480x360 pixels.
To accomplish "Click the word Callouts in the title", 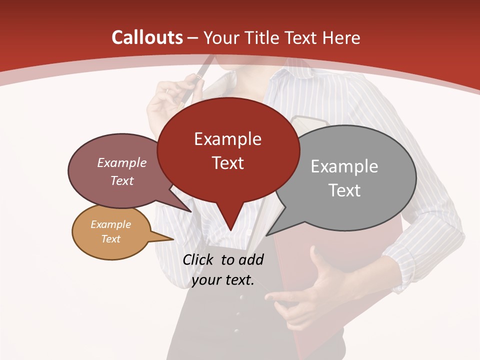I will (x=147, y=37).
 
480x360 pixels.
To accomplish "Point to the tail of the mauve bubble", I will (x=185, y=207).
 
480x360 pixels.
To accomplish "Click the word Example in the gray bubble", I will (x=344, y=166).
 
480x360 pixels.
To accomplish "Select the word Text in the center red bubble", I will (x=228, y=163).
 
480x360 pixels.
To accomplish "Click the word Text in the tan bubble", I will (x=111, y=239).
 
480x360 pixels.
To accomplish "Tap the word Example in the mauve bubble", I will (x=122, y=163).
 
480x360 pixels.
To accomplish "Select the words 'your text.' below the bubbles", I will (x=222, y=280).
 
